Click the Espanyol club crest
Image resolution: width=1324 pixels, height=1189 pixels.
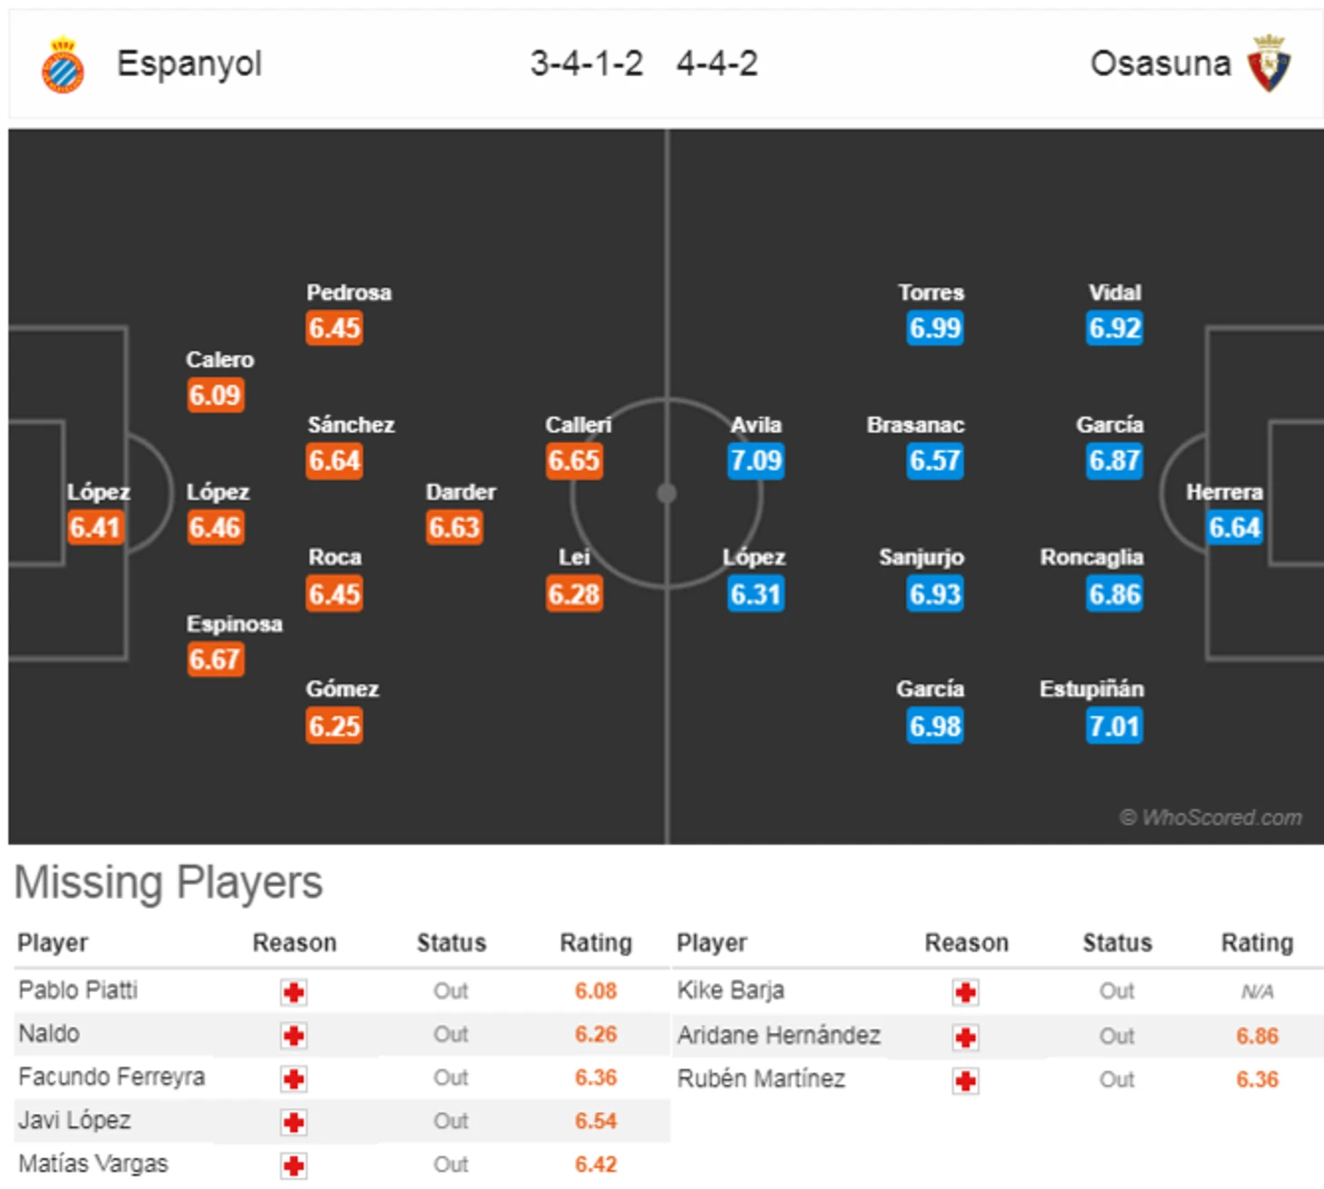(x=63, y=65)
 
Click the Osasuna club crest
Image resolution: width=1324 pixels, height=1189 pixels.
(x=1269, y=63)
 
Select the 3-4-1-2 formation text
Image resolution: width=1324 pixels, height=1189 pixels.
(x=586, y=63)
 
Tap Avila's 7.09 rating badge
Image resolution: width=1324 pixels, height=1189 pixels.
(x=755, y=461)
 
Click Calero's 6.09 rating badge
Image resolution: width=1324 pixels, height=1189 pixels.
(x=215, y=395)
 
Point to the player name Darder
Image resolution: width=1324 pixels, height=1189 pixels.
(x=461, y=492)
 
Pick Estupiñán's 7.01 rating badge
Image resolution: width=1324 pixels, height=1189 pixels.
(x=1115, y=726)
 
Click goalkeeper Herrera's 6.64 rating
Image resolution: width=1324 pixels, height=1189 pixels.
(x=1234, y=528)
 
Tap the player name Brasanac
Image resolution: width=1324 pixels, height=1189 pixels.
(x=915, y=425)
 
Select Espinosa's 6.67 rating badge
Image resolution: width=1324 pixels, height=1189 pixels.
(x=215, y=659)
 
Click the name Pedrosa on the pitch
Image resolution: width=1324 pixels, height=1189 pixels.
(x=349, y=293)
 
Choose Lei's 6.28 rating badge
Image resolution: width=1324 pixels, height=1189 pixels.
(x=574, y=595)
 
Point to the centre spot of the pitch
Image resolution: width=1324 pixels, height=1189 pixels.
(x=667, y=493)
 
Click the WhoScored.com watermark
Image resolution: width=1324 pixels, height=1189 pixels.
(x=1211, y=818)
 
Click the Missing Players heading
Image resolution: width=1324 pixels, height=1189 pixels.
(x=169, y=882)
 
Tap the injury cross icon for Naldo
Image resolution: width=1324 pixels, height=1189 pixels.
(x=294, y=1035)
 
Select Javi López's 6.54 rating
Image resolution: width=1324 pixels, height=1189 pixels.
(x=596, y=1121)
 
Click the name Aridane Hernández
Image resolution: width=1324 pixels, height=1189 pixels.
(x=779, y=1036)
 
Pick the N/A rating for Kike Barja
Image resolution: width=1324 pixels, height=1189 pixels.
(x=1257, y=992)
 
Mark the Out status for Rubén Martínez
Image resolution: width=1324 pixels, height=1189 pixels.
(x=1116, y=1080)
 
